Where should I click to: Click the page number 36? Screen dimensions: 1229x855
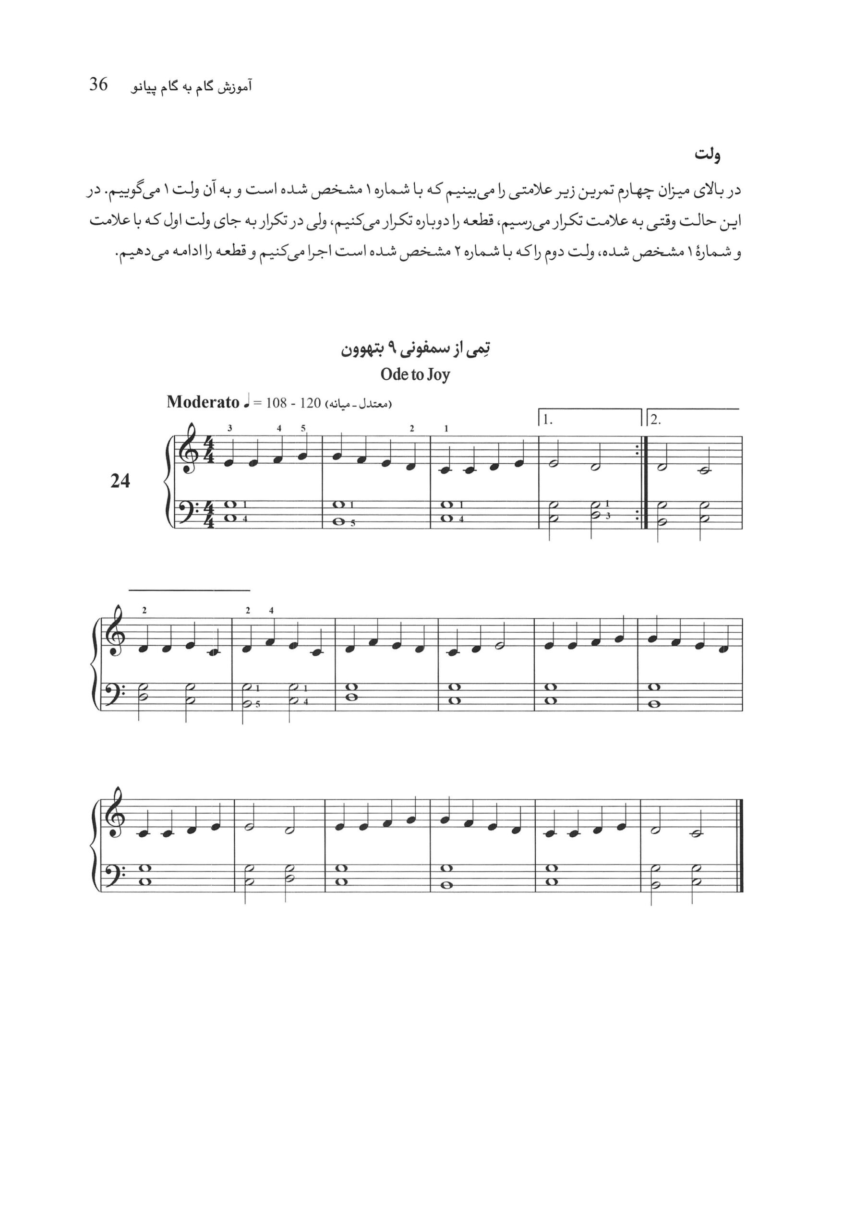98,84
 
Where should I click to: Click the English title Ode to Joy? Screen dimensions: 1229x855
415,374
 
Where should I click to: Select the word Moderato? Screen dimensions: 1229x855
203,402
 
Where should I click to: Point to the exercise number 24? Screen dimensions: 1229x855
120,481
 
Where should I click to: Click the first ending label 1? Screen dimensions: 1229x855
547,420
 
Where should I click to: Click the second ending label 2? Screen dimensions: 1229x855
656,420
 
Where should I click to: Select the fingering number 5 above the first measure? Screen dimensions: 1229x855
303,428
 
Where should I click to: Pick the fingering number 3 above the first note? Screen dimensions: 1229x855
230,428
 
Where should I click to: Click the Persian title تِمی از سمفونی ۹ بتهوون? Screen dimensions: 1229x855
416,349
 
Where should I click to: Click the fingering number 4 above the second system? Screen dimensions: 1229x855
271,610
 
